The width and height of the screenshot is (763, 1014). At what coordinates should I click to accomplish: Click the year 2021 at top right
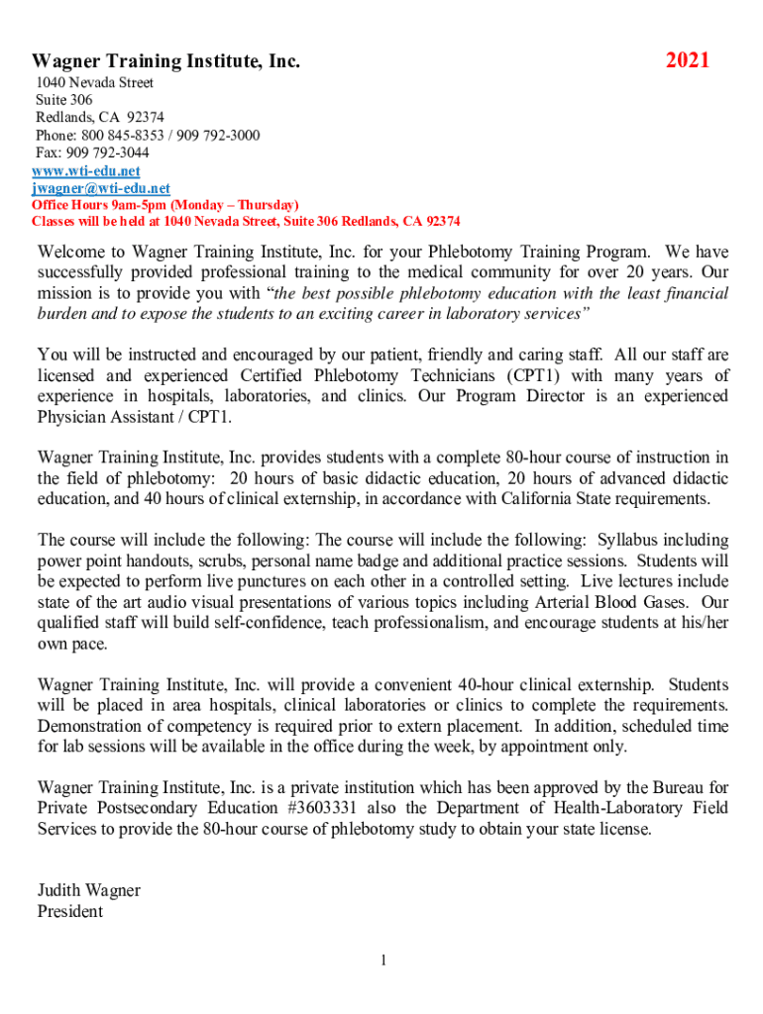click(688, 61)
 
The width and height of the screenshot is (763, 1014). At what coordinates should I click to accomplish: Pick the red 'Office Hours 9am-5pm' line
click(164, 205)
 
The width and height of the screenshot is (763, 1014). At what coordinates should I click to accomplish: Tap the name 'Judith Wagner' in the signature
click(88, 890)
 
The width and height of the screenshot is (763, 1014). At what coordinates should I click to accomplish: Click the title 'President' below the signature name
click(69, 911)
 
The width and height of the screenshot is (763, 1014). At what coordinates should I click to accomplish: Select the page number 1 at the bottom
click(382, 961)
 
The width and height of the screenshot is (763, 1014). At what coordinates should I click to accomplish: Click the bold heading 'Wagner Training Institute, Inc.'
click(165, 62)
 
